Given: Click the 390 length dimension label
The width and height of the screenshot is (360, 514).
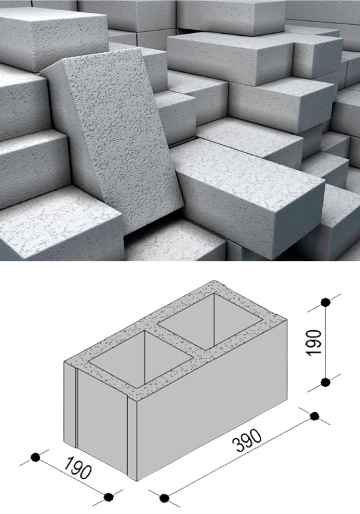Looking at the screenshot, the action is click(x=247, y=440).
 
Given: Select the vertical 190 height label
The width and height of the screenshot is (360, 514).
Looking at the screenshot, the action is click(x=313, y=342).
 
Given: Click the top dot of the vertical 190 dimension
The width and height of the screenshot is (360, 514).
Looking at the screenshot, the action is click(x=326, y=302).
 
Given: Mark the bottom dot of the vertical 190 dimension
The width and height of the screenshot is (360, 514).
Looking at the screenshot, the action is click(x=326, y=382).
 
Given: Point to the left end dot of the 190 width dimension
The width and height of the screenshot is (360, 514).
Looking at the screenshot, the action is click(x=35, y=457).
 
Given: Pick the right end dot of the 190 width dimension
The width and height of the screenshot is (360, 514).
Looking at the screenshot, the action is click(x=109, y=497).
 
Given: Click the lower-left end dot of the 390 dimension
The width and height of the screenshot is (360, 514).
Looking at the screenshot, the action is click(x=164, y=498).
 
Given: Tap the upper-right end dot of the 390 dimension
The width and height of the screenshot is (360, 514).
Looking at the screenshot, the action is click(x=315, y=416).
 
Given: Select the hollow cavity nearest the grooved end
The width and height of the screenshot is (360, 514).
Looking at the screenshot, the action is click(x=141, y=358).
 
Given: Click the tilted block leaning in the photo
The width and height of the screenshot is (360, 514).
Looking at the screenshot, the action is click(x=112, y=138).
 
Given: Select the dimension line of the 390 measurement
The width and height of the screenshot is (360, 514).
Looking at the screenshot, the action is click(x=239, y=457).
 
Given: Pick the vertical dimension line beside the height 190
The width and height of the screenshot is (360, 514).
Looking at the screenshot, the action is click(x=326, y=342).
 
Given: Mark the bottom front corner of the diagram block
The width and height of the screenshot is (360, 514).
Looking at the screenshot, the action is click(x=137, y=481).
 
